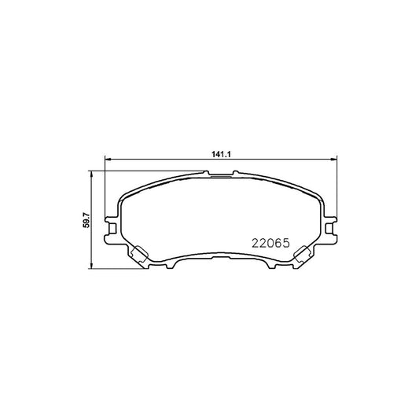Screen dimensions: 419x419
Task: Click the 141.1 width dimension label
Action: pos(221,154)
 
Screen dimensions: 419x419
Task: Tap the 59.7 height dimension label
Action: pos(86,220)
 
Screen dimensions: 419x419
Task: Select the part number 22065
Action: pos(270,243)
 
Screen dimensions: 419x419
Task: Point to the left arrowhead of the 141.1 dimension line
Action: pos(108,160)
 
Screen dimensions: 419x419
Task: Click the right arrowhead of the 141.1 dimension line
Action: pos(334,160)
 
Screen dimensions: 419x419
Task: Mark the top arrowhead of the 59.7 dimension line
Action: pos(91,174)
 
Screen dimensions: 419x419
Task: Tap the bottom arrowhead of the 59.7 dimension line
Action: pos(91,265)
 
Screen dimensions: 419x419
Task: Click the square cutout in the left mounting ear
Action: pos(112,228)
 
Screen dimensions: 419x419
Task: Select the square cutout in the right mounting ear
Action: pos(329,228)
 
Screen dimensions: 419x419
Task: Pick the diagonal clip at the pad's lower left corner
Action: pos(138,254)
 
